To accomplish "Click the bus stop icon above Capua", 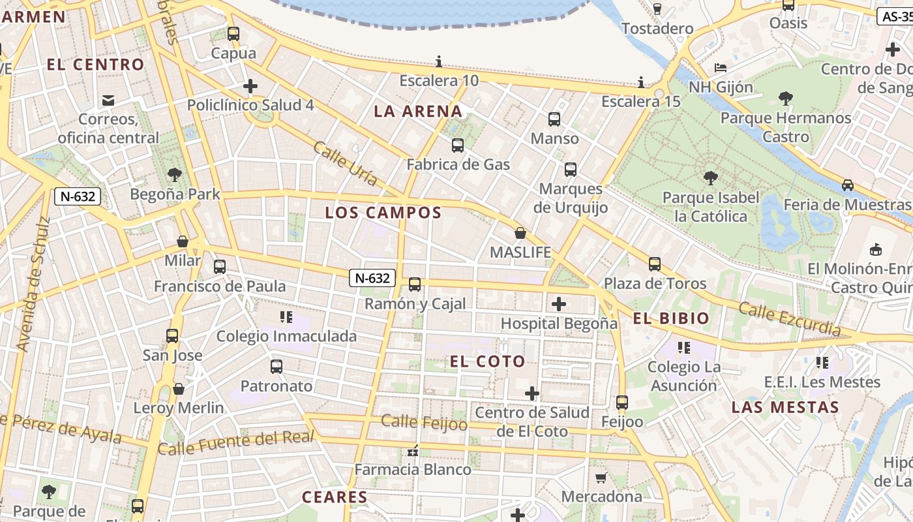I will point(233,34).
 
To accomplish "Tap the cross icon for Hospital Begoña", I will point(559,304).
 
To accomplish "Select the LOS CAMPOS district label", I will point(383,213).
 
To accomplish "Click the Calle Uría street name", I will point(345,163).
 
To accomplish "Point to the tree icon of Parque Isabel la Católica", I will point(710,177).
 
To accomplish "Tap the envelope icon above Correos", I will point(108,100).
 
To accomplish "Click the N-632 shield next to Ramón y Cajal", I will point(372,278).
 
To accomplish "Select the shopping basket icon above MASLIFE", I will point(520,233).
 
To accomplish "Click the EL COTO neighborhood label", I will point(488,361).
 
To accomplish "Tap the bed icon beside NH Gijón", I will point(720,68).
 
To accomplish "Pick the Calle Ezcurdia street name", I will point(790,319).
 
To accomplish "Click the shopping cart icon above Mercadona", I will point(601,478).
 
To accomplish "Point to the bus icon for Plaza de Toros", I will point(655,264).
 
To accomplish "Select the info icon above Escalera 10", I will point(439,62).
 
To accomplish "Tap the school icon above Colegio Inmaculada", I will point(286,317).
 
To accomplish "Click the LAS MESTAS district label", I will point(785,407).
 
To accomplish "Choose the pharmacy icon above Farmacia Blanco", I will point(412,450).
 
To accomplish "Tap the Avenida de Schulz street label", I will point(33,284).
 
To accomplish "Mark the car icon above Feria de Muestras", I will point(847,185).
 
